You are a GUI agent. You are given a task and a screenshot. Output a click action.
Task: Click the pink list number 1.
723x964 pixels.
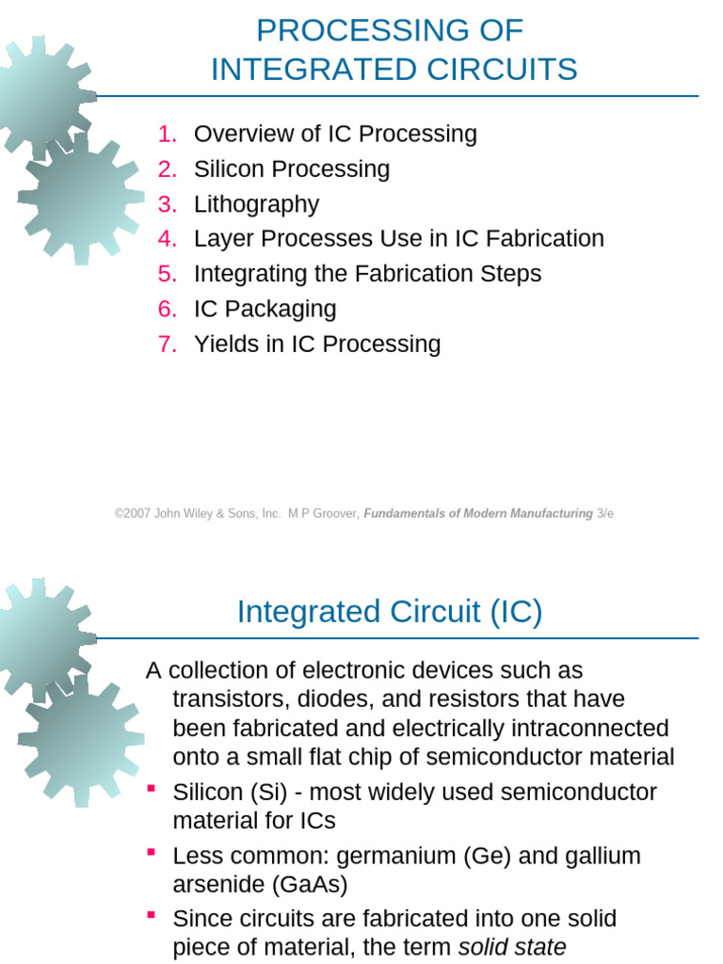[168, 135]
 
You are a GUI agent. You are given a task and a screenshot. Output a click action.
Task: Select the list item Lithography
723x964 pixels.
[256, 204]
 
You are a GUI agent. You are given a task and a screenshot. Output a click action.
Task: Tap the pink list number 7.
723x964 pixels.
[168, 344]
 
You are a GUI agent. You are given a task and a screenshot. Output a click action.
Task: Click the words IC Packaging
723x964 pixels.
[265, 309]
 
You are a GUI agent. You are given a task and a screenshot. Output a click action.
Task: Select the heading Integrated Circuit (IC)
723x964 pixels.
[390, 612]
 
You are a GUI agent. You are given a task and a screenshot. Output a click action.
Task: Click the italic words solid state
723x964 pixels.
[512, 947]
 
